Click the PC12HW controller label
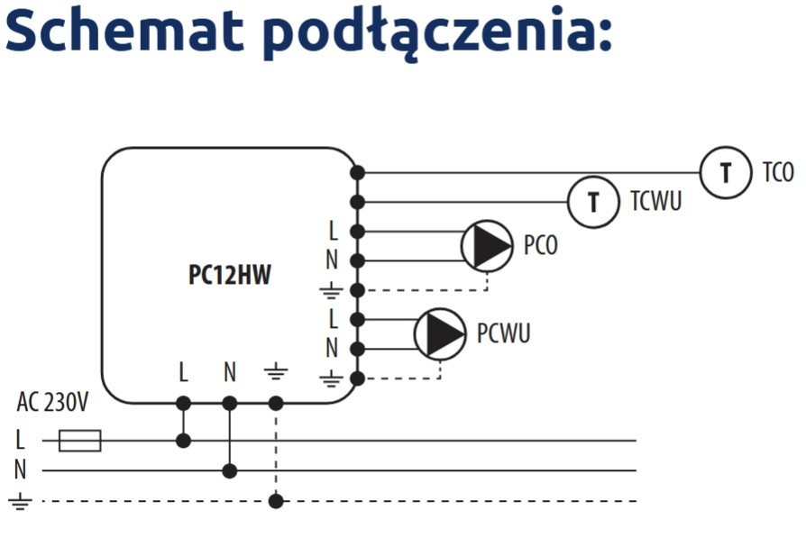click(x=229, y=276)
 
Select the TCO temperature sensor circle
click(x=725, y=172)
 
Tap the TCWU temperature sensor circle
click(x=592, y=201)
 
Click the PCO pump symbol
click(x=488, y=245)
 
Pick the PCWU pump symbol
click(x=440, y=333)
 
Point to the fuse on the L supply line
click(x=79, y=441)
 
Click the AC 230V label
click(x=52, y=403)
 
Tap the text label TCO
click(x=778, y=172)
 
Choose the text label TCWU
click(x=655, y=201)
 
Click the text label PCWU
click(x=503, y=333)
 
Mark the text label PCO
click(x=541, y=245)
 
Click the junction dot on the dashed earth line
click(x=276, y=501)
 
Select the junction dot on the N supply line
click(x=230, y=470)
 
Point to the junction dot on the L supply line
click(x=183, y=441)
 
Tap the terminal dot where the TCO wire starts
click(x=357, y=172)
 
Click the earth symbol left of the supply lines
click(x=20, y=502)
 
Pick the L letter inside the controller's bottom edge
click(x=183, y=371)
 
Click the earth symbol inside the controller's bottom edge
click(x=275, y=371)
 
